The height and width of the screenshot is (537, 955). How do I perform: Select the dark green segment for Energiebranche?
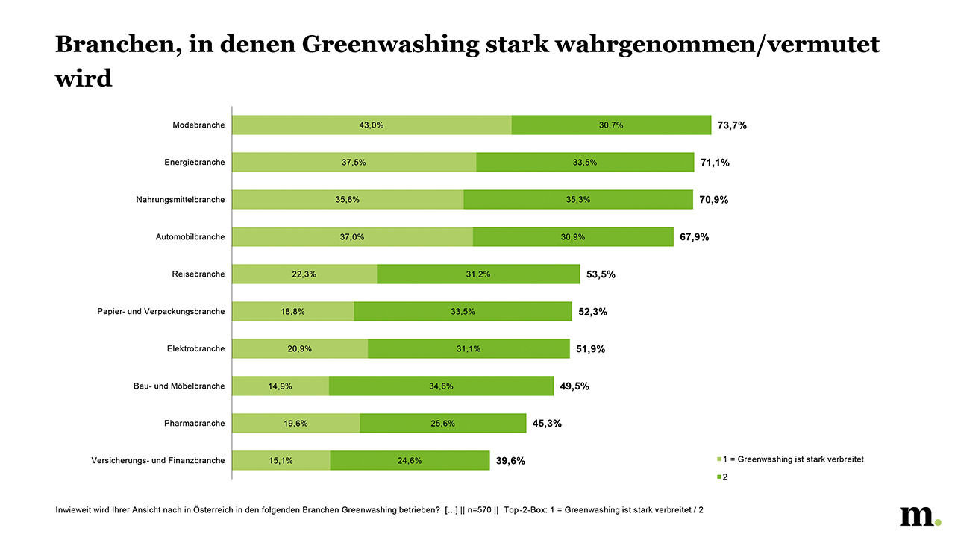[x=585, y=163]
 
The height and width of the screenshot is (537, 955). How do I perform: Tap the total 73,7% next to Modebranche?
[x=732, y=125]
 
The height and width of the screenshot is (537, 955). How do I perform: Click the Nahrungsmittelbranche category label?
[x=180, y=200]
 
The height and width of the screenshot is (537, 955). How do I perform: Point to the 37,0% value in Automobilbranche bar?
[x=352, y=237]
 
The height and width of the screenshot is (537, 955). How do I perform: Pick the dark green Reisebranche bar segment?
[x=478, y=274]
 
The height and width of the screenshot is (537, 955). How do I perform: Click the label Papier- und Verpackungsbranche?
[x=160, y=312]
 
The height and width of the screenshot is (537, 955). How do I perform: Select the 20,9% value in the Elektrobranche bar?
[x=300, y=349]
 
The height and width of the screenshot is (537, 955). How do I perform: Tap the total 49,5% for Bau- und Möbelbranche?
[x=574, y=386]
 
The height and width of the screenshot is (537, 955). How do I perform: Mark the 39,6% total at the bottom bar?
[x=510, y=461]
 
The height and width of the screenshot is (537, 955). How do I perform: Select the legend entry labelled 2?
[x=724, y=477]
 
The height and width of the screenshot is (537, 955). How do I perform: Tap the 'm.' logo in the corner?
[x=920, y=516]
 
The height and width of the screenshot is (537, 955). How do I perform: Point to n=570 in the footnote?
[x=477, y=511]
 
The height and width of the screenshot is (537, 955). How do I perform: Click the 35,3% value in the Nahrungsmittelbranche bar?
[x=578, y=200]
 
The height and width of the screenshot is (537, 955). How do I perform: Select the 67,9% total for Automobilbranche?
[x=694, y=237]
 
